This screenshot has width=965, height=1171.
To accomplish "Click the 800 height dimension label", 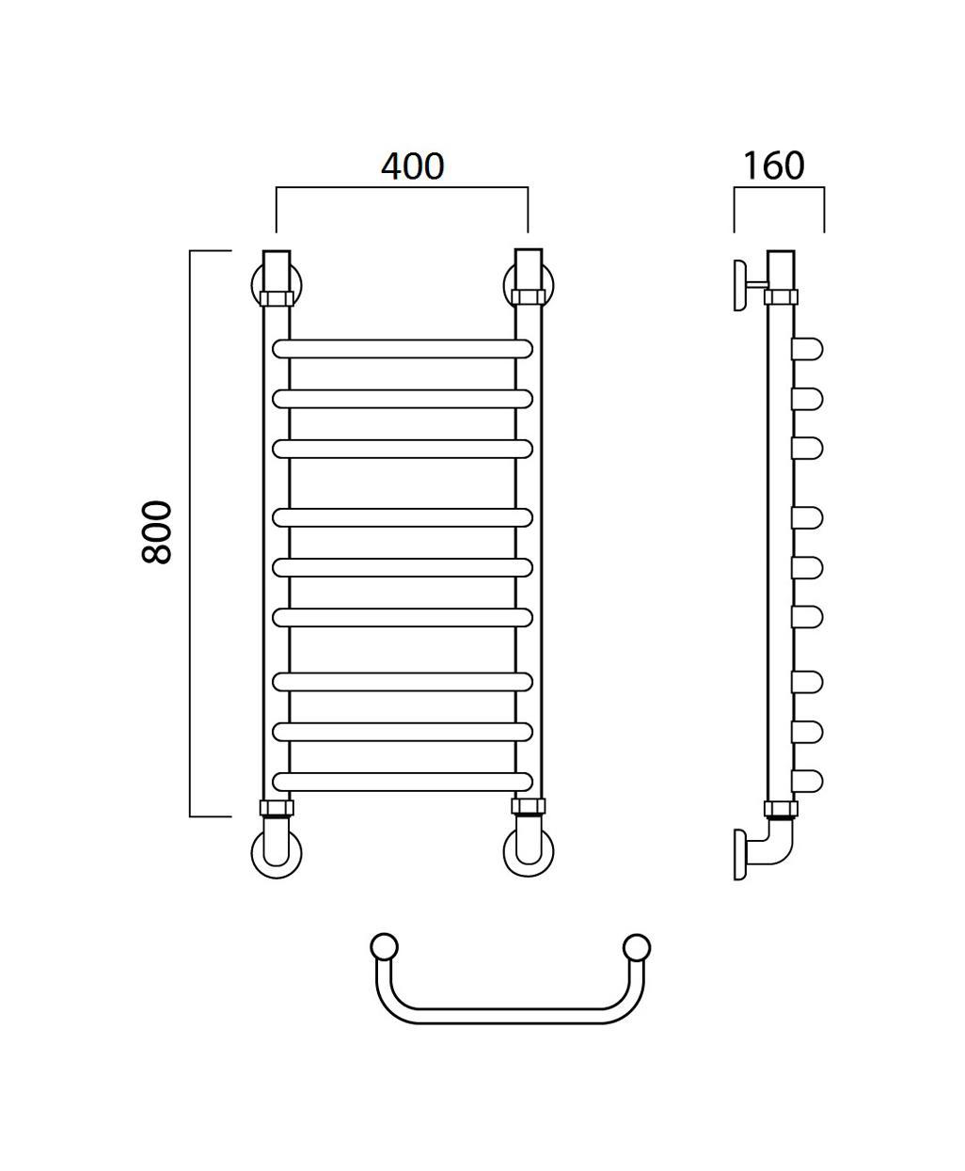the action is [156, 532].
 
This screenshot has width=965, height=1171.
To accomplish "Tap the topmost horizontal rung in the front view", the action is [402, 349].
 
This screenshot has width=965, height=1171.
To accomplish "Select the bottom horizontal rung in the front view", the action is [402, 782].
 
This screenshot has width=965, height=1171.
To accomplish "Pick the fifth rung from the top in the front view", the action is [402, 567].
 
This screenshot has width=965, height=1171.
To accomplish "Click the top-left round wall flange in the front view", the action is [255, 285].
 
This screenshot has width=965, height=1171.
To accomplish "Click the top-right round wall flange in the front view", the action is [508, 285].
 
